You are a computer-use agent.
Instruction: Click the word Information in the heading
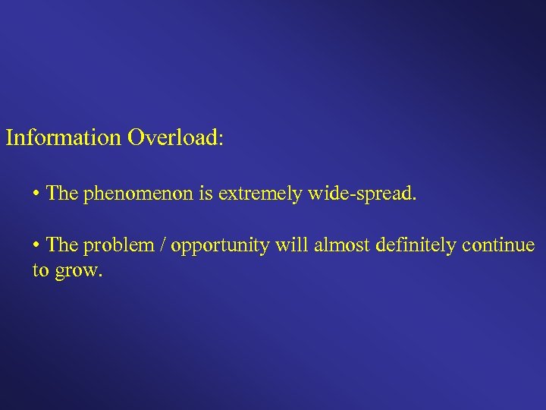point(63,138)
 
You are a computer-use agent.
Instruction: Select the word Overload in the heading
point(171,138)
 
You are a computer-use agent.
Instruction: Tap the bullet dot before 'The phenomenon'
point(36,194)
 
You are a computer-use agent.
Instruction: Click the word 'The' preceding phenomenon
point(62,193)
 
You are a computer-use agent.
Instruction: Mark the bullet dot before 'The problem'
point(36,246)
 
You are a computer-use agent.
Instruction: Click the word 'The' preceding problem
point(62,245)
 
